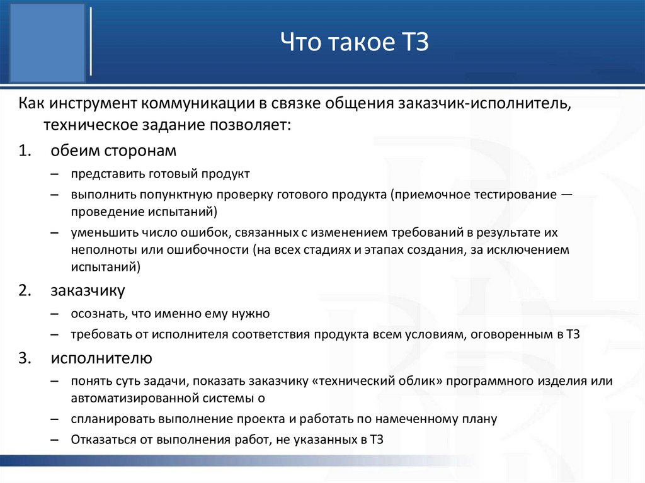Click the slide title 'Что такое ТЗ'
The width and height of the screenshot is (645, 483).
click(x=354, y=43)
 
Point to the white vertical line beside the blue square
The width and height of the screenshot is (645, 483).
click(x=93, y=42)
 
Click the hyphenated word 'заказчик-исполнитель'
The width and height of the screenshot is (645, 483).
click(x=483, y=103)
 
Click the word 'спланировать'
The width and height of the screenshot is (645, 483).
click(x=109, y=419)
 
